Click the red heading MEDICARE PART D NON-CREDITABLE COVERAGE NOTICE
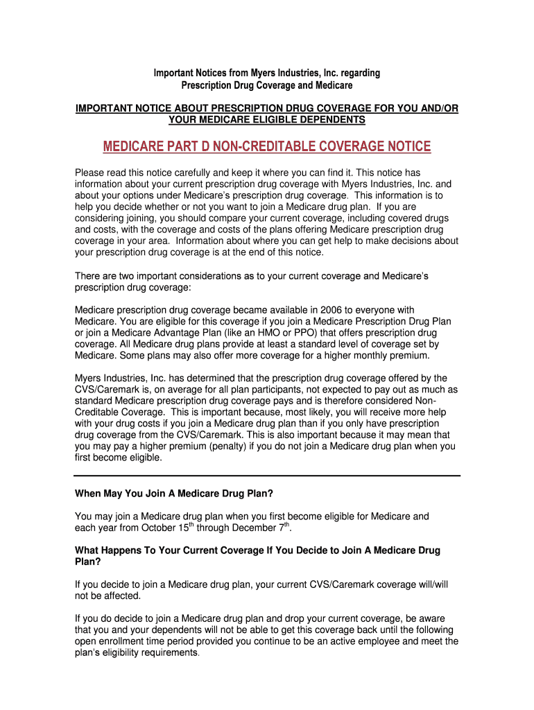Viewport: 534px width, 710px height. (x=267, y=146)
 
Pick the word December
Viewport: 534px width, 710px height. (x=247, y=528)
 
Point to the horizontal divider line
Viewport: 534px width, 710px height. (x=267, y=476)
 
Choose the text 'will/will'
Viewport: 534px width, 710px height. (x=430, y=585)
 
